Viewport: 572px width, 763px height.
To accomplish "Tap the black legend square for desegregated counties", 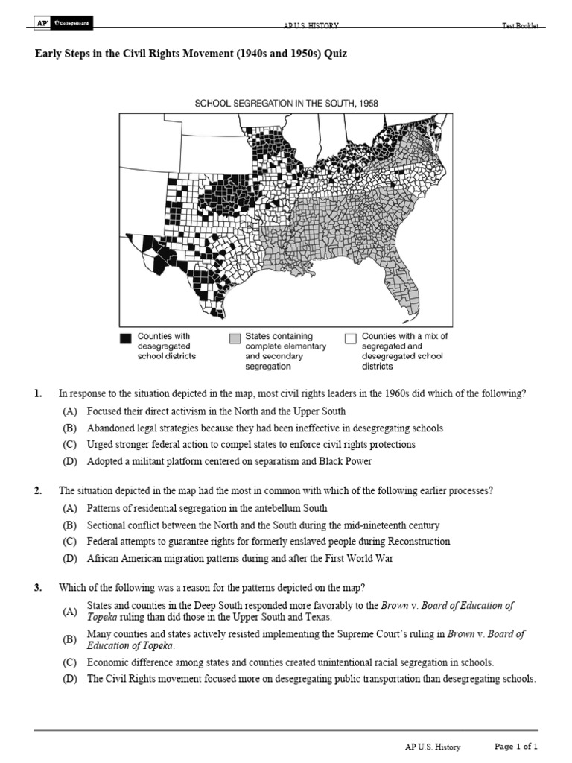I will pyautogui.click(x=125, y=338).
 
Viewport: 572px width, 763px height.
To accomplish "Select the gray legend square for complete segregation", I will pyautogui.click(x=235, y=338).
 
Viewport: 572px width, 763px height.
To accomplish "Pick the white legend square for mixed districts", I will pyautogui.click(x=350, y=338).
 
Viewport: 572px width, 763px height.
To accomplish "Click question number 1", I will pyautogui.click(x=37, y=393).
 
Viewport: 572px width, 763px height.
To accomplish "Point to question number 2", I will pyautogui.click(x=37, y=490).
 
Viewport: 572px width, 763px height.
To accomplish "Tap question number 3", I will pyautogui.click(x=37, y=588).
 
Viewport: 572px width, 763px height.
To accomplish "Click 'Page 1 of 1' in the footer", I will pyautogui.click(x=516, y=746).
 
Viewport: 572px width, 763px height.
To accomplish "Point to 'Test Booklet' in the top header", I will pyautogui.click(x=520, y=26).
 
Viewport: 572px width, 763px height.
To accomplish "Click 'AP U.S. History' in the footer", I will pyautogui.click(x=432, y=747).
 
